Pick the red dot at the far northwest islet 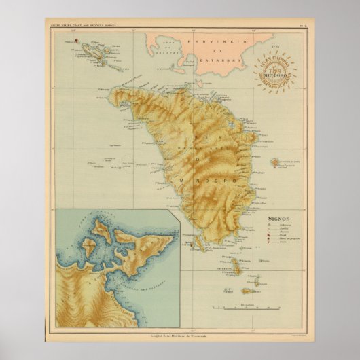pos(77,40)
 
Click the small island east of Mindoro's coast pos(275,163)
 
